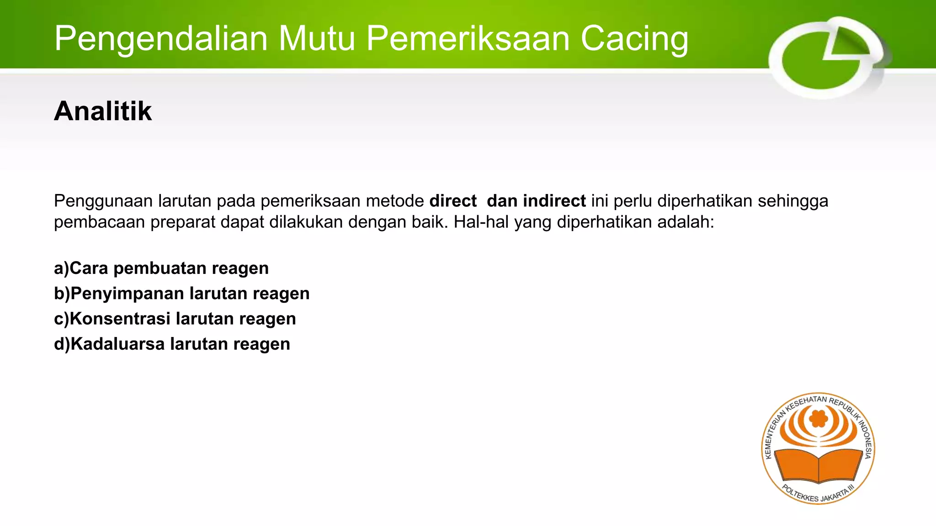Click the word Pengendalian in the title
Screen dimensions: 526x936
tap(160, 39)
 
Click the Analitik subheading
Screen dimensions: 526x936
tap(103, 111)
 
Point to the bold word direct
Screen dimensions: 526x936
tap(453, 201)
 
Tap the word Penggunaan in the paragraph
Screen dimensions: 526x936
tap(103, 201)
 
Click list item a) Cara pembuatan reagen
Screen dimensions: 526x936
tap(161, 268)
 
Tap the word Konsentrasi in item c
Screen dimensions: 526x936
tap(120, 319)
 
